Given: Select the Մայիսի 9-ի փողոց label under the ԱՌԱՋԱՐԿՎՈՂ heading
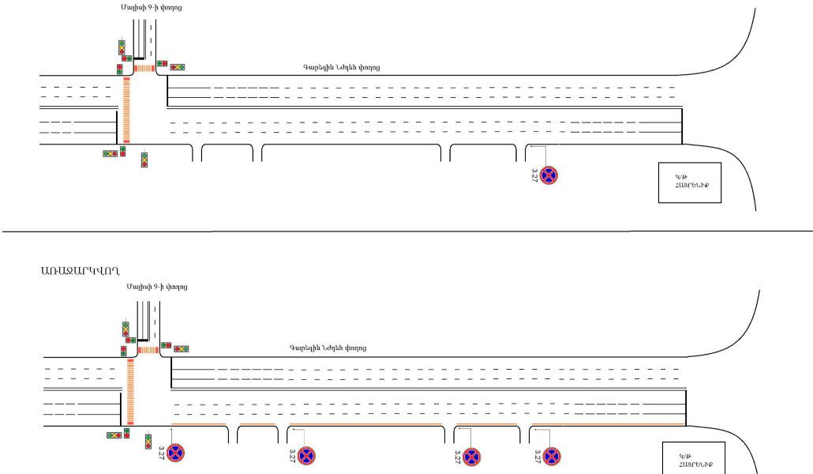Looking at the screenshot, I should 156,287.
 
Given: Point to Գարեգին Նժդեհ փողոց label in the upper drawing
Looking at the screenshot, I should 341,67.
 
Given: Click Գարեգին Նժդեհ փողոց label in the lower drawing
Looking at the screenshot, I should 328,348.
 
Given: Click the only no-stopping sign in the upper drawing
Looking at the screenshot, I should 549,175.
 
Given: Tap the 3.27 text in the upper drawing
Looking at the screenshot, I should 534,175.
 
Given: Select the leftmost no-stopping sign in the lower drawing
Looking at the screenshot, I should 175,454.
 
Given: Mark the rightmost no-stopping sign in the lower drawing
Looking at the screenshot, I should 552,456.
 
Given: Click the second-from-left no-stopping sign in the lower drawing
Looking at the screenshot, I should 306,456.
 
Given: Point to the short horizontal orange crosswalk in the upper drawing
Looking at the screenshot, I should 144,68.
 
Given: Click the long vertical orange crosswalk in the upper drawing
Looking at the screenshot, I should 126,109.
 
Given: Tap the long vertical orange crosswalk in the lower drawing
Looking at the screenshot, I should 130,390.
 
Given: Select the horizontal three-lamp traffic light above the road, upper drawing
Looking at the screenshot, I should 178,67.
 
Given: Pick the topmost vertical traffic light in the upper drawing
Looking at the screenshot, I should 122,47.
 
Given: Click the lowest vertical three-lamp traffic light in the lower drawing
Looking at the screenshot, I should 148,440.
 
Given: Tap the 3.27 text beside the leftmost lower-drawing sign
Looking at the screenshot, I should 161,453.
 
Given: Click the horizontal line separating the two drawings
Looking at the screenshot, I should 406,231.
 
